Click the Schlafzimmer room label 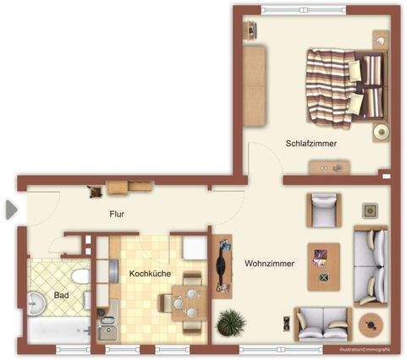coord(311,144)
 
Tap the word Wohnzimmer coord(269,264)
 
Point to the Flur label coord(118,215)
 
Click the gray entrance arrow coord(10,209)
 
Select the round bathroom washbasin coord(38,303)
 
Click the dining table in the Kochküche coord(187,297)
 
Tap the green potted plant coord(229,322)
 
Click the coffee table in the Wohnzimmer coord(322,266)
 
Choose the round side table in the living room coord(370,324)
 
